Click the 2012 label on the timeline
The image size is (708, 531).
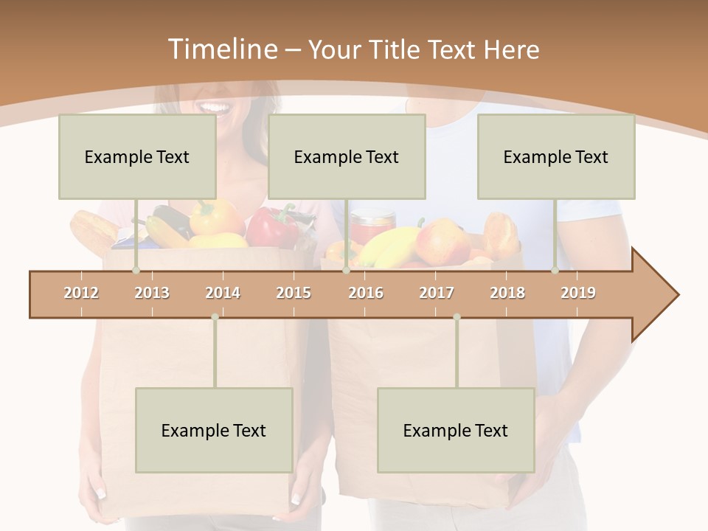[81, 293]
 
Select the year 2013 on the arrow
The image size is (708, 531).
[152, 293]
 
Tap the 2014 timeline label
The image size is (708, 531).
[223, 293]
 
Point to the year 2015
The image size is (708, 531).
[294, 293]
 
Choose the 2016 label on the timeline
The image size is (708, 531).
[366, 293]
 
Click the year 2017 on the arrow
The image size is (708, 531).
[437, 293]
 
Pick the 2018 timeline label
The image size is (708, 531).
[507, 293]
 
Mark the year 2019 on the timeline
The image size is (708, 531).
[578, 293]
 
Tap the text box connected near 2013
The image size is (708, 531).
[137, 156]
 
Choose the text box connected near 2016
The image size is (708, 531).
[347, 156]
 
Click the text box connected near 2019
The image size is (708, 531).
[556, 156]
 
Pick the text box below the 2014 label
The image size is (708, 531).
[214, 430]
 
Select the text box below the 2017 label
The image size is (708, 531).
[456, 430]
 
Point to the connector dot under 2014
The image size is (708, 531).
[215, 317]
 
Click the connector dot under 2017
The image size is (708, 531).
[457, 317]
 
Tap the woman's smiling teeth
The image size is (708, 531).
[215, 108]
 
